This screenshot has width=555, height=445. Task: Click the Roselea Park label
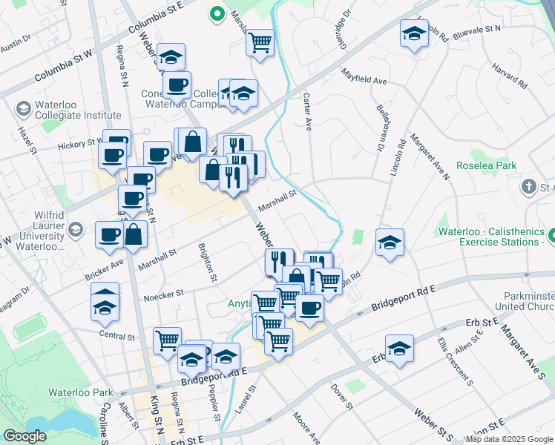tap(486, 166)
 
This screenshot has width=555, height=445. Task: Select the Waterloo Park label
tap(80, 392)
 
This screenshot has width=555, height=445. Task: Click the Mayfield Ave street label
tap(365, 77)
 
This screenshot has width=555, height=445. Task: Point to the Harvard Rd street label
tap(508, 76)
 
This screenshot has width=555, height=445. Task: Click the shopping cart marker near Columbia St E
tap(260, 42)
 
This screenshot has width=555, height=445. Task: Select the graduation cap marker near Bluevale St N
tap(414, 33)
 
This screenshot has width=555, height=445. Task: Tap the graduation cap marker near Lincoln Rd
tap(390, 243)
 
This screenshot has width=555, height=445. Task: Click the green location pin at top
tap(217, 14)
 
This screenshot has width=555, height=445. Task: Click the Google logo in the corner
tap(24, 436)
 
